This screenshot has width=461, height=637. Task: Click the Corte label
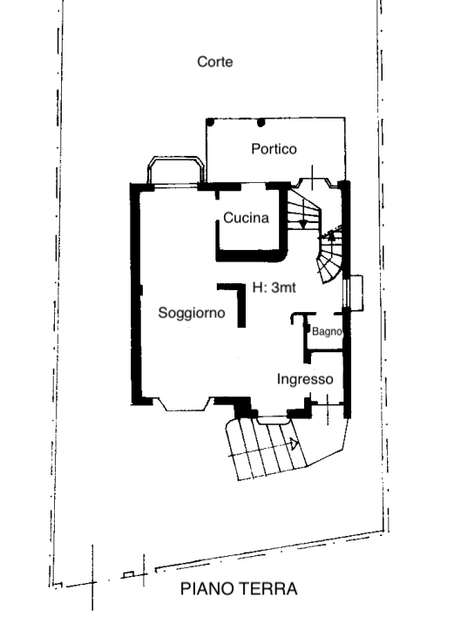coord(215,62)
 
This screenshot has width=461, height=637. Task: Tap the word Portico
coord(274,149)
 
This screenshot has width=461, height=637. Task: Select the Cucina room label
coord(246,218)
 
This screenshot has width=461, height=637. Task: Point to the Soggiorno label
coord(192,313)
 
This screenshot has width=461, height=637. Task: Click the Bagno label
coord(327,331)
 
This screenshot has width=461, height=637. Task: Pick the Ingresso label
coord(305,379)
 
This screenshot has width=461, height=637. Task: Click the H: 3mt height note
coord(275,288)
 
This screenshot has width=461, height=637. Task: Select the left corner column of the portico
coord(210,122)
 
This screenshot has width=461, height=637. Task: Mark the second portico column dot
coord(261,122)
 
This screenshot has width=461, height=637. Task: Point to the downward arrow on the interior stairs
coord(302,224)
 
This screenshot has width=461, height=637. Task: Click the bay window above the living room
coord(175,170)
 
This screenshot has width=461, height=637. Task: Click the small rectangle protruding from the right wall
coord(356,293)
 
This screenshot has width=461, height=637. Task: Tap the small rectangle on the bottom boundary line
coord(128,574)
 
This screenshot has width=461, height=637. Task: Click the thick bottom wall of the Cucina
coord(250,255)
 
